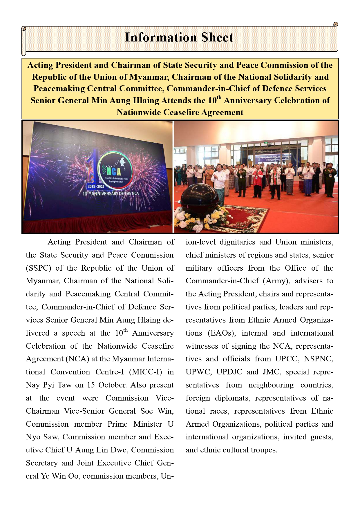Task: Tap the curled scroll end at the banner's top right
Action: click(336, 24)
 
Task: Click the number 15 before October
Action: click(91, 385)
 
